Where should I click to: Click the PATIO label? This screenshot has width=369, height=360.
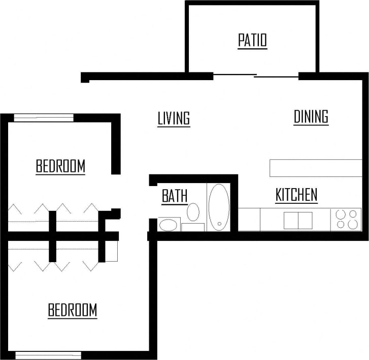point(252,41)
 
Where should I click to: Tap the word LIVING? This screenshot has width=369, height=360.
point(174,119)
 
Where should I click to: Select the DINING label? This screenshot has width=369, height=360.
point(311,117)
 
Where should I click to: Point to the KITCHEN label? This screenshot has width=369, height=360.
point(296,195)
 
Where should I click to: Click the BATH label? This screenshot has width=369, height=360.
point(175,196)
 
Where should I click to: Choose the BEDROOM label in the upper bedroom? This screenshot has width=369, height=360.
point(60,166)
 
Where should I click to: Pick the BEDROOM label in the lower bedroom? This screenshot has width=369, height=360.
point(73,310)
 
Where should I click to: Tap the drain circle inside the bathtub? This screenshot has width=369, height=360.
point(218,223)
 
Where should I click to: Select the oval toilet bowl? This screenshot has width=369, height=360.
point(193,211)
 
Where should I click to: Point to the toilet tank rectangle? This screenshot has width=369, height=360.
point(193,227)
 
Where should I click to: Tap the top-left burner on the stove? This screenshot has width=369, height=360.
point(341,214)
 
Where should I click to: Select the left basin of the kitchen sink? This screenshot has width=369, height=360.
point(291,221)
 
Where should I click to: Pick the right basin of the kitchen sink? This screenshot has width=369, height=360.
point(305,221)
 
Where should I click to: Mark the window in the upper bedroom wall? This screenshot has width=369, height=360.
point(44,118)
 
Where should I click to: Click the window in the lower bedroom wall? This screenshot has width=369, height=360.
point(48,355)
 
